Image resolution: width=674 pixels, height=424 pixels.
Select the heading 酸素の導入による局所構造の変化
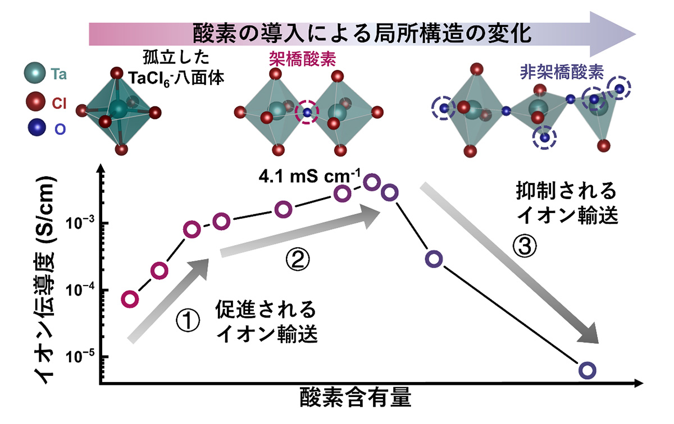tap(362, 32)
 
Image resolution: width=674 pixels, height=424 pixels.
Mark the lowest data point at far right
tap(588, 370)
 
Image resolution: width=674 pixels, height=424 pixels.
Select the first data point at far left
tap(130, 299)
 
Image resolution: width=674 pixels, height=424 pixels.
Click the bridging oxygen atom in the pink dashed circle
tap(307, 113)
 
